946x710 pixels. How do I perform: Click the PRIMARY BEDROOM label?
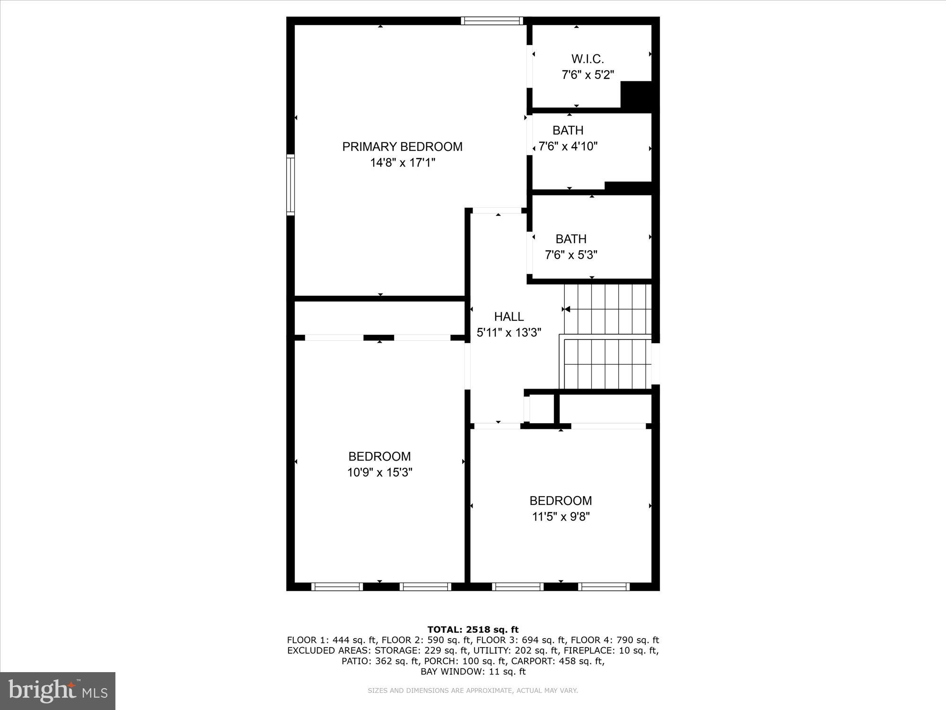[402, 147]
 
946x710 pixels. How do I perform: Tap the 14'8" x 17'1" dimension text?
[402, 163]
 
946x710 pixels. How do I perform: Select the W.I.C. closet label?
[587, 59]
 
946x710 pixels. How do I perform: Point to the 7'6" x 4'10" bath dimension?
[568, 146]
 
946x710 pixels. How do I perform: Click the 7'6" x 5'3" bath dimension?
[571, 255]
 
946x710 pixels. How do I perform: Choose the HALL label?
[509, 317]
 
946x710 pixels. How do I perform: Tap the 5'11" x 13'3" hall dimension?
[509, 333]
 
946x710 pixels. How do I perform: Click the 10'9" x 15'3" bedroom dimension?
[380, 472]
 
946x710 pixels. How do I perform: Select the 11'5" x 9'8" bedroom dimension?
[561, 516]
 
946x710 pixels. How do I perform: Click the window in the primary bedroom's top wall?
[492, 21]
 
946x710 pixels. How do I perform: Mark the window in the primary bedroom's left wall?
[290, 185]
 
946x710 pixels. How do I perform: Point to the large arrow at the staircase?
[566, 309]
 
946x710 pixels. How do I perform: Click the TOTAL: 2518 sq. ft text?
[473, 630]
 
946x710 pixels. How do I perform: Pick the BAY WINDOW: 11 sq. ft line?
[473, 671]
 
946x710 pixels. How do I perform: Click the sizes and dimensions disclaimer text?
[473, 691]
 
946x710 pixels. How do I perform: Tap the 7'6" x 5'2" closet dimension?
[587, 75]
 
